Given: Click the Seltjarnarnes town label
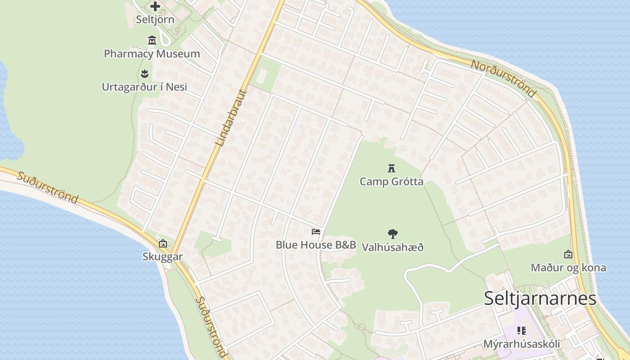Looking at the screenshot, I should coord(540,299).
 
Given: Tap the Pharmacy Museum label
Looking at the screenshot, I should coord(152,54).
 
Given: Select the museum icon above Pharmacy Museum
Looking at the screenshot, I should coord(152,40).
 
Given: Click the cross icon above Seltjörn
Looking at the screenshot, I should coord(155,6).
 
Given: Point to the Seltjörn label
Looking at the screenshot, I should coord(155,20).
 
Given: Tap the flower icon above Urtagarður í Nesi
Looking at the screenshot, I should coord(144,73).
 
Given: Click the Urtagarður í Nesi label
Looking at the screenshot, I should coord(144,87).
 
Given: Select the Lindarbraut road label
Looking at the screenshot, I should coord(232,118).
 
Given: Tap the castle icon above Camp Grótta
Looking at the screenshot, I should coord(391,168).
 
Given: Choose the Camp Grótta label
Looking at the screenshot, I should coord(391,182).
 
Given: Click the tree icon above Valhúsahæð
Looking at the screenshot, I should coord(393,234).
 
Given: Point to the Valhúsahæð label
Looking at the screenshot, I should coord(393,247).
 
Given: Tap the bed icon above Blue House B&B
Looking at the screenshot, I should coord(316,232).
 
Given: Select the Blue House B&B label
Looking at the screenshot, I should coord(316,245).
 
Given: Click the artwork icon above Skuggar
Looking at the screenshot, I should coord(163,243).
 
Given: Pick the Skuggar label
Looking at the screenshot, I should coord(162,257).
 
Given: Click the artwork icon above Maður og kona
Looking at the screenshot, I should coord(568,254).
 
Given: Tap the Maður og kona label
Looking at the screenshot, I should coord(568,268).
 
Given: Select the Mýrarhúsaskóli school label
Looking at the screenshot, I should coord(522,344).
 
